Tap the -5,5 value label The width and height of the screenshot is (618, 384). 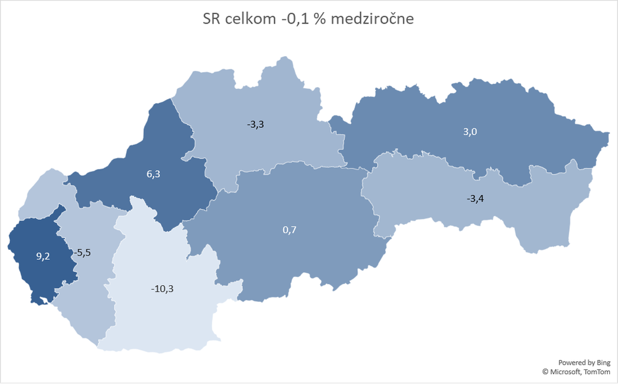coord(82,253)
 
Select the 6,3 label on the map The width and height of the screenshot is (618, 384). coord(153,174)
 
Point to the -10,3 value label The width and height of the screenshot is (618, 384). coord(162,288)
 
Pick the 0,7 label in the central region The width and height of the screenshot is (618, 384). coord(289,230)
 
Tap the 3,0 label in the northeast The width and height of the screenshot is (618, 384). coord(470,131)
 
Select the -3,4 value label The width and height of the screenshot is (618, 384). coord(477,199)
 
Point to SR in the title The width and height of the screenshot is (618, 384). coord(211,19)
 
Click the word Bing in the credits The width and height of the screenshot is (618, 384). coord(603,362)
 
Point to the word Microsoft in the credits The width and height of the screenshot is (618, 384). coord(565,372)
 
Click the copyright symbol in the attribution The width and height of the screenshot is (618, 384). coord(546,372)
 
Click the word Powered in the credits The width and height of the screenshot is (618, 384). coord(572,362)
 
